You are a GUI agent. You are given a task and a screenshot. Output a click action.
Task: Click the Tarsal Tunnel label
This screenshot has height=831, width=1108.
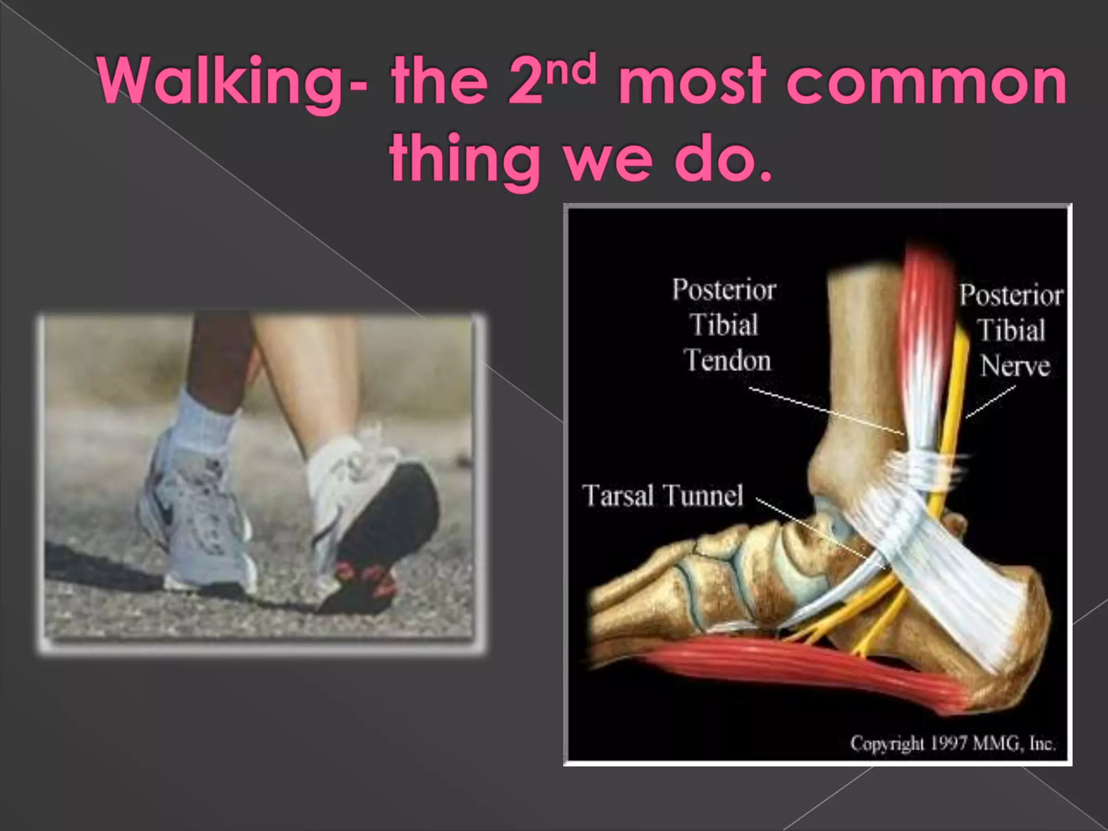663,495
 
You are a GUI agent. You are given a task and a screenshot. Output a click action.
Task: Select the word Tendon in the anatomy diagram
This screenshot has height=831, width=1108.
727,360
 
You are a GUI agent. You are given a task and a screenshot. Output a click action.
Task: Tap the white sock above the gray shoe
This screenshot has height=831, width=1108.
203,417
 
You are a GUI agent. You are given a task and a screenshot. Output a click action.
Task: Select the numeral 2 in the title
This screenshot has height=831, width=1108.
525,84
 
